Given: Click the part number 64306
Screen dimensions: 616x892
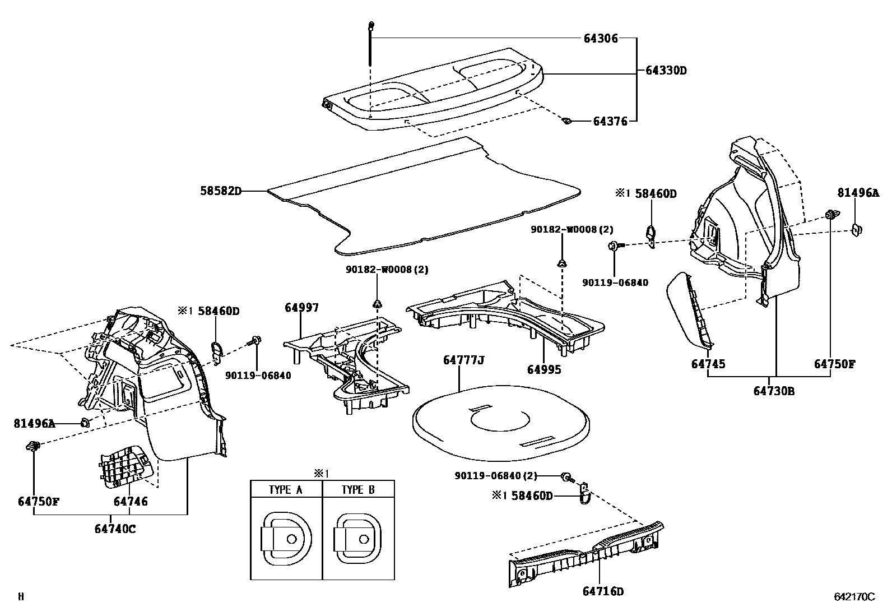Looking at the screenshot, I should coord(601,39).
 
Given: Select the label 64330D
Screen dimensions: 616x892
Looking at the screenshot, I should coord(666,71).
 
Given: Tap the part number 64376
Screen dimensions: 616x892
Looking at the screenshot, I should coord(610,121).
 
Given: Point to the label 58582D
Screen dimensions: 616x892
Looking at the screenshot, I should coord(220,191).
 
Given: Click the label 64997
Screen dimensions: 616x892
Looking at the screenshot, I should coord(301,308).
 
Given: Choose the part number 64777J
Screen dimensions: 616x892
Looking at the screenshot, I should coord(463,360).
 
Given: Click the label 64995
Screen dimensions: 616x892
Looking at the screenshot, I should coord(543,369).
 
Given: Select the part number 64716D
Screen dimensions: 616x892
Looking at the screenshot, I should coord(603,591).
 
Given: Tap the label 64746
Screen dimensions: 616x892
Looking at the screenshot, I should coord(131,501).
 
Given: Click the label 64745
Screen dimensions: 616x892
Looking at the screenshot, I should coord(708,364).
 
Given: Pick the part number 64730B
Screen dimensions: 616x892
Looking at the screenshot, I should coord(774,391).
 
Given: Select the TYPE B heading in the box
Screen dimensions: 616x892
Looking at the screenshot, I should coord(358,489).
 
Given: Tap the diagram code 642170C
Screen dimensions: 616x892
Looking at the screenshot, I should coord(854,598).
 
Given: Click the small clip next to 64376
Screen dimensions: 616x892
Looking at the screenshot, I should coord(567,120).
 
